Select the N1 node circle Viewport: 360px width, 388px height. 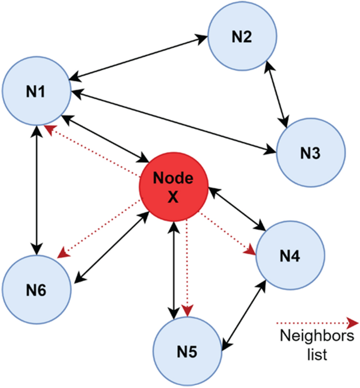[x=37, y=92]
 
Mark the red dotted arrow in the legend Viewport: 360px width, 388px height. [x=317, y=323]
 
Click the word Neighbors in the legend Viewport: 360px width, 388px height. [x=317, y=338]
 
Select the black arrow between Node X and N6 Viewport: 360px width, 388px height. [x=111, y=249]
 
